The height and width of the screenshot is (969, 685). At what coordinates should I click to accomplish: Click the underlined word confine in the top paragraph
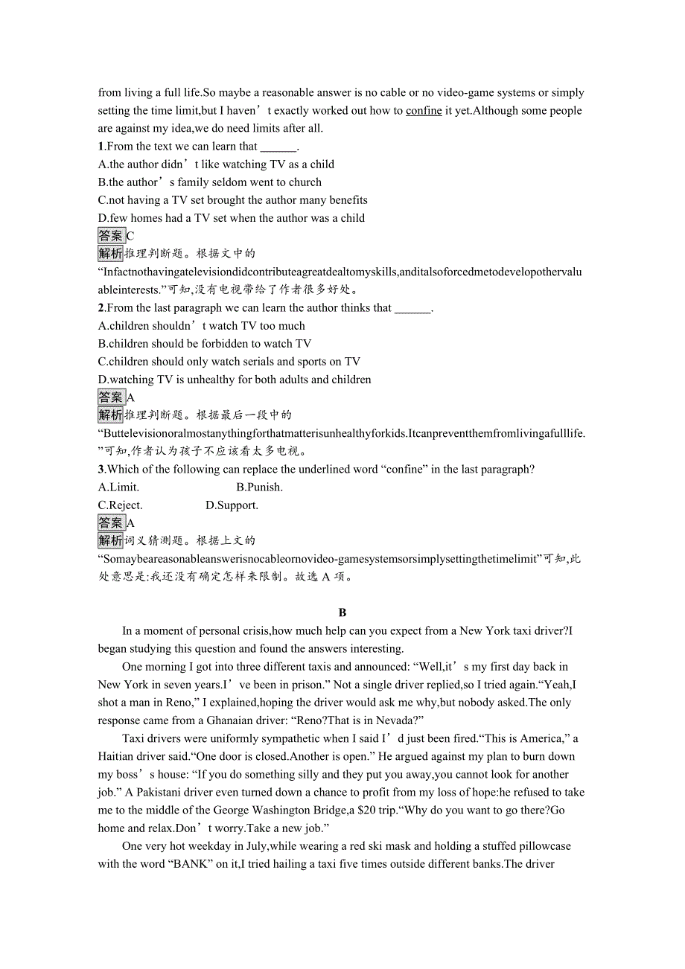click(424, 111)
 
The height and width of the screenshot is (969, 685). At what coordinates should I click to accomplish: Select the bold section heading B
click(342, 613)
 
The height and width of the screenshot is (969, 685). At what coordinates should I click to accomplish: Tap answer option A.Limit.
click(118, 487)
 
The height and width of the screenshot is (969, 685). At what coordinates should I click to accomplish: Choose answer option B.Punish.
click(259, 487)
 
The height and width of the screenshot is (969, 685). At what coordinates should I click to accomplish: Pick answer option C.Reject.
click(120, 505)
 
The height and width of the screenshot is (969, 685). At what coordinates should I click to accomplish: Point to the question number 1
click(101, 147)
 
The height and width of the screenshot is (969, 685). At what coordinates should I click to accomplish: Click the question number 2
click(101, 308)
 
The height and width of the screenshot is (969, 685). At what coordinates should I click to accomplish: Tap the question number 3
click(101, 470)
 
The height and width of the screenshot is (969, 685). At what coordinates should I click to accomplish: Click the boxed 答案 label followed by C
click(111, 236)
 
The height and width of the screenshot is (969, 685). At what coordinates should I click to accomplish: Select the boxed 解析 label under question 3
click(111, 541)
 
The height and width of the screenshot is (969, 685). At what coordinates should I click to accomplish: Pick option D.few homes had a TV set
click(232, 218)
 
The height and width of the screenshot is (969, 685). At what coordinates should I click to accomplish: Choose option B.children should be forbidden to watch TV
click(205, 344)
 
